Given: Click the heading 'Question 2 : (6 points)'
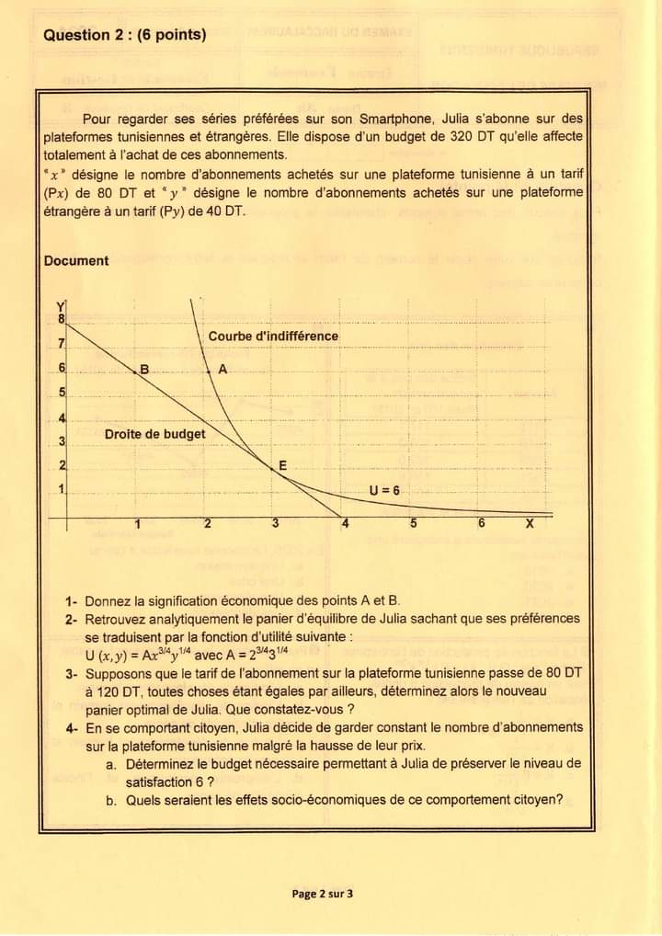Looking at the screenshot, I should (124, 35).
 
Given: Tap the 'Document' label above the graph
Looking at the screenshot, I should (75, 260).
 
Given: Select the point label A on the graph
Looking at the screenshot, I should (222, 369).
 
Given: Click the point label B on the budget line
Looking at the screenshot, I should (143, 369).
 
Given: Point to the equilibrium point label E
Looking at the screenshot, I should (282, 465).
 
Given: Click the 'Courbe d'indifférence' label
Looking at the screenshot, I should (273, 336).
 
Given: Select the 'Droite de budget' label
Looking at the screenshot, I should (154, 433).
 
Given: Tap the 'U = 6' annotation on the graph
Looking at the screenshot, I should (384, 490).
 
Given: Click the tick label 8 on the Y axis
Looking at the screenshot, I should (62, 320).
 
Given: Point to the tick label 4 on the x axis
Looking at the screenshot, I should (346, 524).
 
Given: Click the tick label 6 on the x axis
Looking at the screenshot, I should (481, 524).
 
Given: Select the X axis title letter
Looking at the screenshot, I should (529, 524).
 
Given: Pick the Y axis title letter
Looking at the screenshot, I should (62, 306).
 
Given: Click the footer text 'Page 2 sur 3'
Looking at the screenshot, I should (323, 893).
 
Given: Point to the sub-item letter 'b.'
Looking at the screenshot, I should (111, 799).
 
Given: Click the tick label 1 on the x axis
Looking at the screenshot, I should (137, 524).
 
